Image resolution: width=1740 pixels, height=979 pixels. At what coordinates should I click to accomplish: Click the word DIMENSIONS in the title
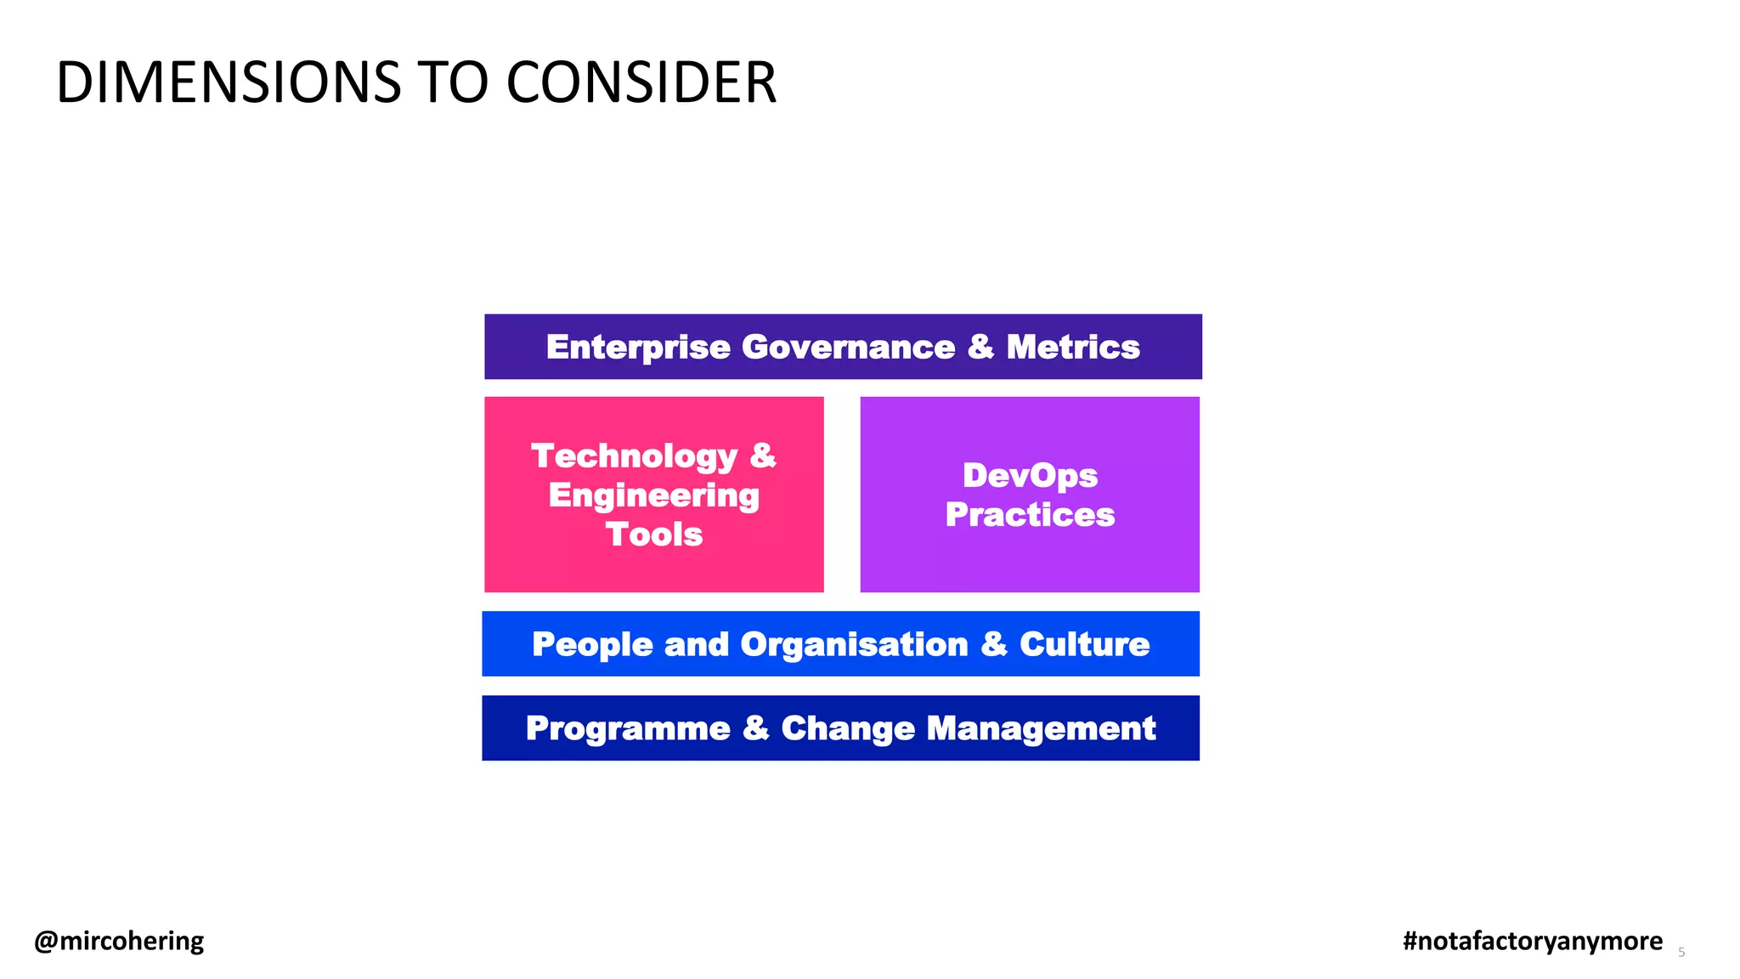point(228,83)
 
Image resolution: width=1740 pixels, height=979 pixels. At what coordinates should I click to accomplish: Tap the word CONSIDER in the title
point(641,83)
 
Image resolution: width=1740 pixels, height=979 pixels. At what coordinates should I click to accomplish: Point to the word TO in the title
point(453,83)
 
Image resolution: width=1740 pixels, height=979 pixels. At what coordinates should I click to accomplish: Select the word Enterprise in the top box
point(638,347)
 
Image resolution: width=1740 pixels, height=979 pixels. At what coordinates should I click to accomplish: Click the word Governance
point(848,347)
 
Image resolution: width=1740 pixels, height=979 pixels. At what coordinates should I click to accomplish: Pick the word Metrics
point(1072,347)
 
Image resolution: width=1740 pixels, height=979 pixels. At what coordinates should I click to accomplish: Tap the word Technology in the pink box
point(634,456)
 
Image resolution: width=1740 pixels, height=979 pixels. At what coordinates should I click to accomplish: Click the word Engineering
point(653,495)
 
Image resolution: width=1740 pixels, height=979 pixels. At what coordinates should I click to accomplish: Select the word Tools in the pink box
point(653,535)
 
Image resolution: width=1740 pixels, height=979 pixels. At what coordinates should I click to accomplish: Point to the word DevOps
point(1030,475)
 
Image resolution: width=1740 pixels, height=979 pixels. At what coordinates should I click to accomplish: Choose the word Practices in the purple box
point(1030,514)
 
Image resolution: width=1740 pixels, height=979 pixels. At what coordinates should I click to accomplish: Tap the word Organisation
point(854,644)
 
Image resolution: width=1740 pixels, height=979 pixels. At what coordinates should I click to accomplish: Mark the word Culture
point(1084,644)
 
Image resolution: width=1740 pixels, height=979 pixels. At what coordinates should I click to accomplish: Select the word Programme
point(628,728)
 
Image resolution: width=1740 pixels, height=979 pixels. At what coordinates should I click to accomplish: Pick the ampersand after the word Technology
point(763,456)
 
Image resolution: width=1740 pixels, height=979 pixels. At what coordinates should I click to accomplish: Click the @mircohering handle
point(119,941)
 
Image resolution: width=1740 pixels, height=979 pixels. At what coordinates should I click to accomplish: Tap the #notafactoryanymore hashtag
point(1533,941)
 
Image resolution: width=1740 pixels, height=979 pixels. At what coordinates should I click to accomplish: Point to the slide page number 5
point(1681,953)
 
